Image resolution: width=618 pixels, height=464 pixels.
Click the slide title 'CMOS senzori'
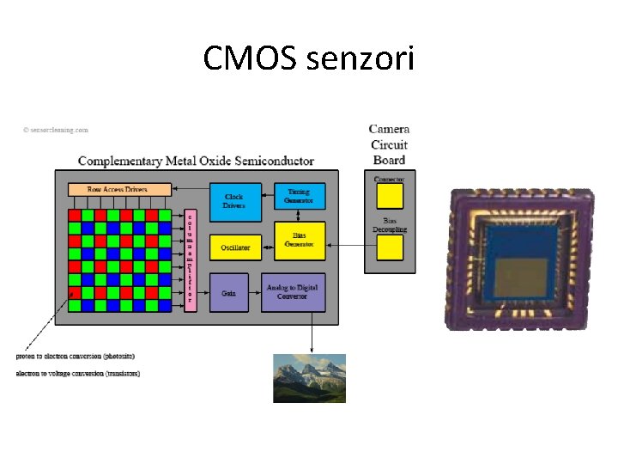(x=309, y=58)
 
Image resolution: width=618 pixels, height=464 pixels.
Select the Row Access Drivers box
(x=118, y=189)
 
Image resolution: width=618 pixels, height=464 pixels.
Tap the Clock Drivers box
(x=233, y=201)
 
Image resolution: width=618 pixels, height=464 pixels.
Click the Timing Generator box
(x=300, y=197)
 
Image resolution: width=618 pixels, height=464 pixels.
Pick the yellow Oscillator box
(x=234, y=247)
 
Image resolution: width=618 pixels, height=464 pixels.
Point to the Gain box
(x=228, y=293)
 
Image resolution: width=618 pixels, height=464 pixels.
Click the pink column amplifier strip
(x=191, y=259)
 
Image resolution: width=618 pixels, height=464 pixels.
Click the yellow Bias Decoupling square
(x=390, y=248)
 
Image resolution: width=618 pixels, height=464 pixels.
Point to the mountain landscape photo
(x=309, y=378)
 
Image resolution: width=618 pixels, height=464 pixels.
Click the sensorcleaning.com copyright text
(x=56, y=131)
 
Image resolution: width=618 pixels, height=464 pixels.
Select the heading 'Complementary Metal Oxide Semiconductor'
(x=196, y=161)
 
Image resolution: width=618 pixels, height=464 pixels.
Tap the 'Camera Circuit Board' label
(x=389, y=144)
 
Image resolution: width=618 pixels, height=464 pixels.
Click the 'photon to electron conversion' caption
(x=76, y=356)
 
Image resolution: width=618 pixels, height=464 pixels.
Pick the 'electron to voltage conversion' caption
(x=78, y=373)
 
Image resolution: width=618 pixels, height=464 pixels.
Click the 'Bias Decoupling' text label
(x=390, y=225)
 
